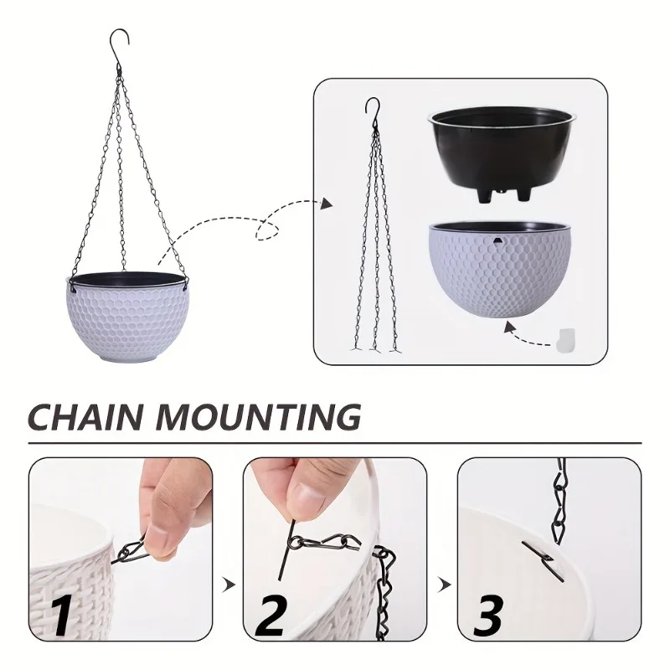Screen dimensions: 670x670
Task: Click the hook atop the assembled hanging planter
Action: click(x=121, y=41)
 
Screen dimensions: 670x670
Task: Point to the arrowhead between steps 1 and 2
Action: click(x=227, y=582)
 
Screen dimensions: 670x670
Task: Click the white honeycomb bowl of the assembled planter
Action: click(x=126, y=322)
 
